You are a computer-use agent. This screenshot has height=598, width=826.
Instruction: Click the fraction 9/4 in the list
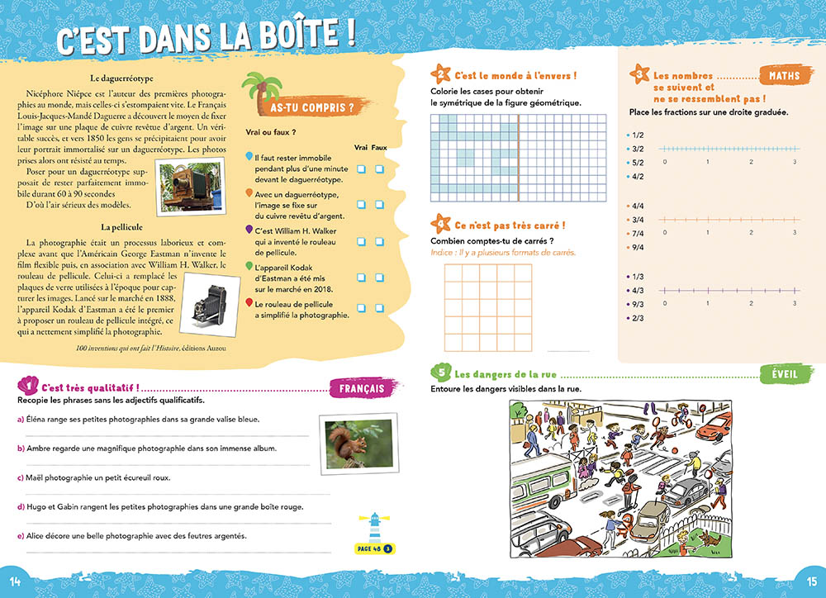(637, 247)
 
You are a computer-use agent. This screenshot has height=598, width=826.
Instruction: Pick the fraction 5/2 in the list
(637, 163)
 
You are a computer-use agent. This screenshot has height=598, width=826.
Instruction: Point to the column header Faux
(379, 147)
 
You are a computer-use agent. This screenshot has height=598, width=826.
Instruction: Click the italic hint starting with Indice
(503, 252)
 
